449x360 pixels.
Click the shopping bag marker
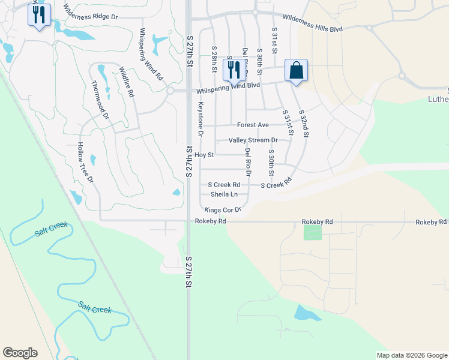[297, 71]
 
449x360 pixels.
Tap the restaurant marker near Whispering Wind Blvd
[234, 70]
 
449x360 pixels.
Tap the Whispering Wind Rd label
[151, 55]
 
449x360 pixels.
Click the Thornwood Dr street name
[100, 100]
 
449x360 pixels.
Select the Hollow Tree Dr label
[86, 163]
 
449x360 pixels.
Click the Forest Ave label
[253, 125]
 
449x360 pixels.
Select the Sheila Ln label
[224, 194]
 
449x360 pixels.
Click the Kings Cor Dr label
[223, 210]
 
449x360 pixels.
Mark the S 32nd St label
[304, 124]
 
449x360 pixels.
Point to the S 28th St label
[214, 58]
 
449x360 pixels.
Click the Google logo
[20, 353]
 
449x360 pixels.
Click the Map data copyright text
[411, 355]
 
